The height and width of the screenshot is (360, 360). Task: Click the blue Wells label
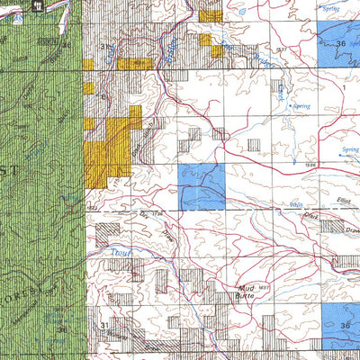(x=295, y=207)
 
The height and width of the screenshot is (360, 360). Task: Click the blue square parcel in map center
(x=202, y=186)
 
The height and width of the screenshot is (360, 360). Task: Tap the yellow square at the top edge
(x=210, y=14)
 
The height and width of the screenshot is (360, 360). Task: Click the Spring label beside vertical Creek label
(x=301, y=106)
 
